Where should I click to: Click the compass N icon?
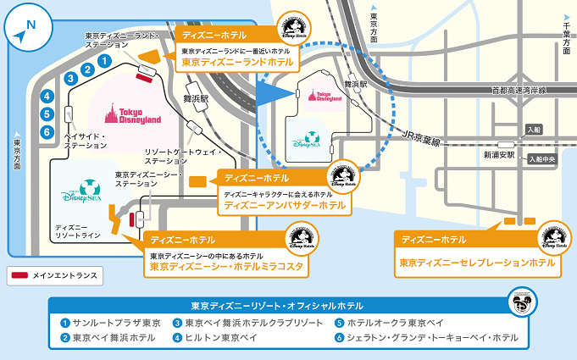click(x=25, y=30)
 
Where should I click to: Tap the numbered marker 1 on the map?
click(x=103, y=61)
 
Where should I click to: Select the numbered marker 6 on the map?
click(x=48, y=131)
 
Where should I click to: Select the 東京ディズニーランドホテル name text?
click(x=237, y=62)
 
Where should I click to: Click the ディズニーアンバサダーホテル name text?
click(x=285, y=205)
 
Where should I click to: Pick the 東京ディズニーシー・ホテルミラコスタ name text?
click(x=226, y=266)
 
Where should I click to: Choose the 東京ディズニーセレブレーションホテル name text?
click(x=477, y=263)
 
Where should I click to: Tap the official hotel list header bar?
click(x=278, y=305)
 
